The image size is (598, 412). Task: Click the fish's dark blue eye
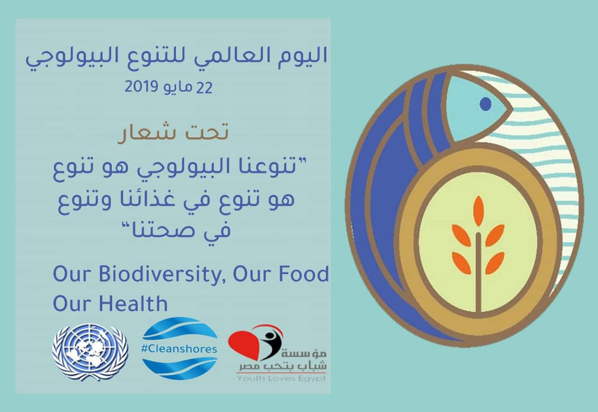(x=485, y=104)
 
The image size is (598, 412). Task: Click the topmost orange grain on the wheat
(x=479, y=212)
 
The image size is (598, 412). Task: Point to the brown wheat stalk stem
(x=478, y=272)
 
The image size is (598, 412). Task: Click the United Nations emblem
(x=90, y=352)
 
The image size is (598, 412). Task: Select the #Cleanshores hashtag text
(x=179, y=349)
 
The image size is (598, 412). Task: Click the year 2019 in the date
(x=141, y=87)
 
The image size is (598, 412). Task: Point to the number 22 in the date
(x=204, y=87)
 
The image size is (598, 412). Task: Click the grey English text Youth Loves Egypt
(x=282, y=378)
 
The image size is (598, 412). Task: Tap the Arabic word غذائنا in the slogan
(x=143, y=201)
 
